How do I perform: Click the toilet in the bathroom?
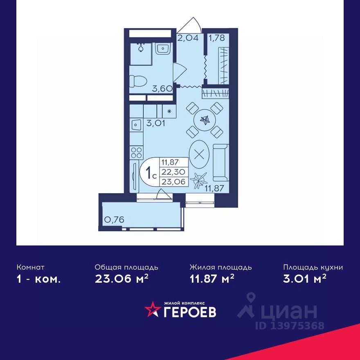coord(138,81)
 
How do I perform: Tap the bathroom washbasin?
coord(162,48)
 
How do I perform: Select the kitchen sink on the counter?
coord(136,125)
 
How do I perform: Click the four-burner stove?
coord(136,153)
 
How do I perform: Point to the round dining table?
coord(205,119)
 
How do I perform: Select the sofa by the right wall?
coord(221,162)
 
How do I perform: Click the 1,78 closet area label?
coord(216,37)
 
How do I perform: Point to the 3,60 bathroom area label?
coord(162,88)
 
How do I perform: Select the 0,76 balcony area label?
coord(114,220)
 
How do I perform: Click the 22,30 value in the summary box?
coord(173,172)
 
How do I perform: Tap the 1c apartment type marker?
coord(151,172)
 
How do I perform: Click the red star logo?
coord(152,309)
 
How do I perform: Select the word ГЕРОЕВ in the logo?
coord(190,312)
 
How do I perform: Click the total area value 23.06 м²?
coord(122,279)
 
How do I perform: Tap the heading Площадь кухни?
coord(313,268)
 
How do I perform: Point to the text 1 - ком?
coord(39,279)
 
